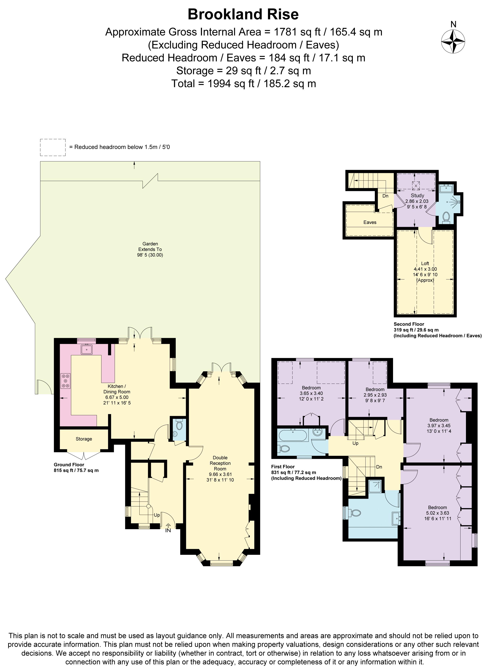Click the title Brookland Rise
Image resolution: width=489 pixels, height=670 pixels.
click(243, 14)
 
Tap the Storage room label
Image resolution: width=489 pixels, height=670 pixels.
click(84, 439)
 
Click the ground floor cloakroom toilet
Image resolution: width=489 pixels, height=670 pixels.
click(179, 425)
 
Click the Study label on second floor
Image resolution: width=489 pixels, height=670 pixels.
click(417, 196)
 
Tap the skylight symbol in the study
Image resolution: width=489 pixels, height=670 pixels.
click(416, 186)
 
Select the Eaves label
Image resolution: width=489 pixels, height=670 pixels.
click(370, 222)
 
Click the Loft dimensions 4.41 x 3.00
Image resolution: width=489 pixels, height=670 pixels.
click(425, 269)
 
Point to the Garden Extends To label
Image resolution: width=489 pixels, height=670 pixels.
click(150, 249)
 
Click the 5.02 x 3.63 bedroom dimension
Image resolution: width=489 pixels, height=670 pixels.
click(437, 513)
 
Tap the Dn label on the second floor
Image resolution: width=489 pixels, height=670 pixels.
click(385, 196)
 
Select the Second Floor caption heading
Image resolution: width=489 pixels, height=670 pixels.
click(409, 324)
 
